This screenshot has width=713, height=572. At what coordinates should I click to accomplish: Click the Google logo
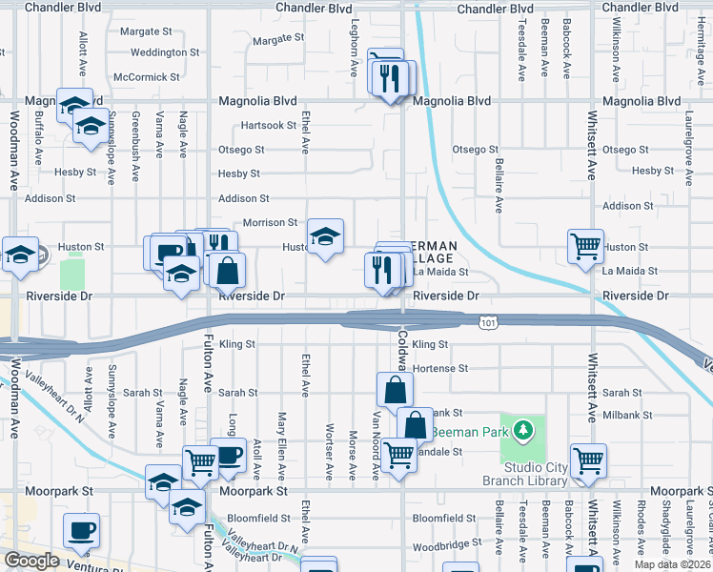(x=31, y=560)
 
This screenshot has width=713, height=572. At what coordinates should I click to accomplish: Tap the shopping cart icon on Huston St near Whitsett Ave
(x=585, y=245)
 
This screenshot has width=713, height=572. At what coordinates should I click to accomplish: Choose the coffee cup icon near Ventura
(x=81, y=529)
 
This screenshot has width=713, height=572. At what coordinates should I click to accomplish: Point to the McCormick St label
(x=146, y=76)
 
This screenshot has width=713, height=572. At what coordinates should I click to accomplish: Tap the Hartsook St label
(x=269, y=125)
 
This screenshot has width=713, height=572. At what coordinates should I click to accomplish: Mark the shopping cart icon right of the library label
(x=588, y=460)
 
